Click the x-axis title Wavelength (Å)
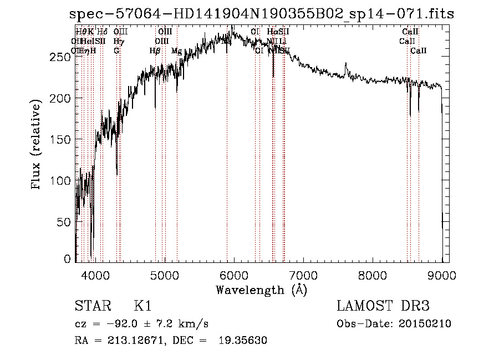(x=261, y=290)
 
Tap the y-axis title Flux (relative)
(x=37, y=145)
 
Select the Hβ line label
(x=155, y=51)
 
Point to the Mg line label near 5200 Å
(x=176, y=51)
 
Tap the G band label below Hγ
(x=116, y=51)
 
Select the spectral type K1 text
(x=142, y=306)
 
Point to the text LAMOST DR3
(x=383, y=306)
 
